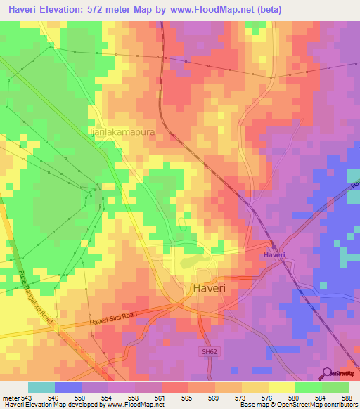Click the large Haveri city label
coord(209,288)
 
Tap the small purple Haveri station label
coord(274,254)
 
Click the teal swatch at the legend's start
coord(41,387)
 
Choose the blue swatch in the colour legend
coord(68,387)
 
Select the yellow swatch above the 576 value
coord(255,387)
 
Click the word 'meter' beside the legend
coord(8,397)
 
